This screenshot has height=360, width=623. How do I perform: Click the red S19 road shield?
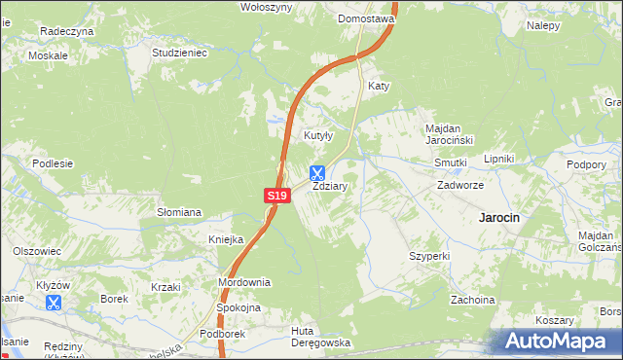point(277,196)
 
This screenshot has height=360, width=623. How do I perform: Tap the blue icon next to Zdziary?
point(317,173)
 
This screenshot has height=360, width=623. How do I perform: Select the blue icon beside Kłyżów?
point(54,303)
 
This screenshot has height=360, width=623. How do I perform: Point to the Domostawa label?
point(365,18)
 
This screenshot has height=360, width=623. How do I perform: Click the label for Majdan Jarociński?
point(448,134)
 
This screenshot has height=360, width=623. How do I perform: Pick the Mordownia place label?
point(243,282)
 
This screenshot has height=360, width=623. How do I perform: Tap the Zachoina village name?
point(472,300)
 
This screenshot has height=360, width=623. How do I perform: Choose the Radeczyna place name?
point(66,31)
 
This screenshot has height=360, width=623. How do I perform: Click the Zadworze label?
point(460,184)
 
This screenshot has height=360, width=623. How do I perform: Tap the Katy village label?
point(379,87)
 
